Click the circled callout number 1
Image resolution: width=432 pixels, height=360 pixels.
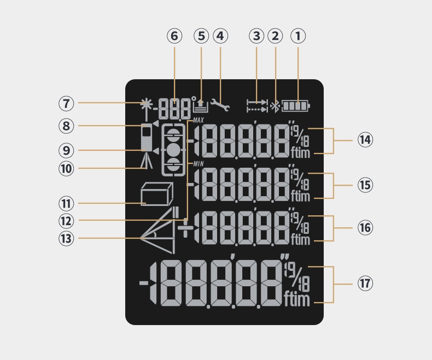click(x=298, y=37)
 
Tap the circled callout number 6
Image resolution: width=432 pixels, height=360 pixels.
click(x=174, y=37)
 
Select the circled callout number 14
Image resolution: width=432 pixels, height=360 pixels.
click(x=365, y=140)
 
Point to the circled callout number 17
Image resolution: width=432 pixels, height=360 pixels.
click(x=365, y=284)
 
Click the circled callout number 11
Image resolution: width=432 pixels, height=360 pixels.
click(x=67, y=203)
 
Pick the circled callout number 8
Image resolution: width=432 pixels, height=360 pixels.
click(x=67, y=126)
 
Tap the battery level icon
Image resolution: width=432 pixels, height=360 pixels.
click(x=295, y=105)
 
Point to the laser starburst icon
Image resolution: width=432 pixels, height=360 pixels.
click(x=145, y=104)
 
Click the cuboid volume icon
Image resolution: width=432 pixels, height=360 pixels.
click(x=156, y=195)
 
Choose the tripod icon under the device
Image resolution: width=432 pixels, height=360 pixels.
click(x=146, y=160)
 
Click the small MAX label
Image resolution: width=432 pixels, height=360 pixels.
click(x=198, y=119)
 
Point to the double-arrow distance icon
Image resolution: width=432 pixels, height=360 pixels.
click(x=257, y=105)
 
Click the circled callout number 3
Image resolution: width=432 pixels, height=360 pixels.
click(x=256, y=37)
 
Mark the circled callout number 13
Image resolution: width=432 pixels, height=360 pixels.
click(x=67, y=238)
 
